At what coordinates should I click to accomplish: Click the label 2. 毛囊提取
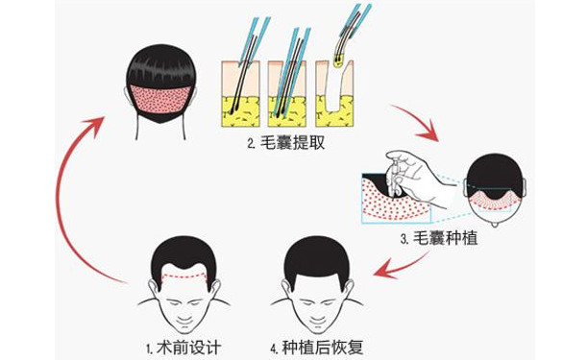(286, 144)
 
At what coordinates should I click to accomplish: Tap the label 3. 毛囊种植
(439, 238)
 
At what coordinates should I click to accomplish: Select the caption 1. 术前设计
(184, 348)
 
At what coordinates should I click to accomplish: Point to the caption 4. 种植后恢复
(317, 348)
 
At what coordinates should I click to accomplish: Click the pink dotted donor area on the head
(160, 100)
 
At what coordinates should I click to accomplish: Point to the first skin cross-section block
(240, 94)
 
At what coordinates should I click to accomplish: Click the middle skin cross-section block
(287, 94)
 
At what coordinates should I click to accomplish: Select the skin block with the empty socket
(334, 94)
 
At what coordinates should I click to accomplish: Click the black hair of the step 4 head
(317, 258)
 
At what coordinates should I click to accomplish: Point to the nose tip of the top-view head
(496, 224)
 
